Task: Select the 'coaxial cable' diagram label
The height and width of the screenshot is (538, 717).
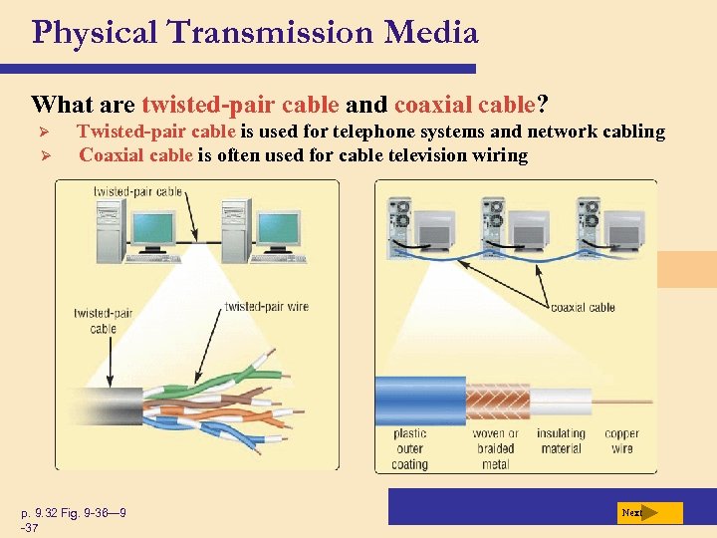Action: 583,308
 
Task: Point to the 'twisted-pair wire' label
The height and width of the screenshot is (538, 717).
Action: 267,307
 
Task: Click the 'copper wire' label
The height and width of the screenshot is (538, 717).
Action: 621,440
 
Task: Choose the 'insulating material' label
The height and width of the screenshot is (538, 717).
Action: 561,440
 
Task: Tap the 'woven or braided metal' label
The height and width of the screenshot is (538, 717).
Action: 495,448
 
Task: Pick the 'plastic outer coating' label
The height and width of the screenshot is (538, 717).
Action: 409,448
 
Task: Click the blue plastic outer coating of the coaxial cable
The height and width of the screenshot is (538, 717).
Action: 419,399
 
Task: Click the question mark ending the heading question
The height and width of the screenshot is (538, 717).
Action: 542,104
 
